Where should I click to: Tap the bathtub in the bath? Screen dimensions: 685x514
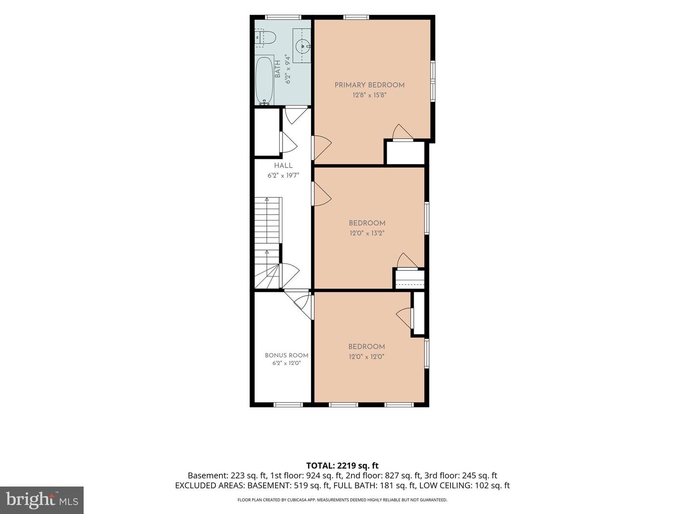point(264,80)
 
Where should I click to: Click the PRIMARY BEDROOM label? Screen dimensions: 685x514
point(370,85)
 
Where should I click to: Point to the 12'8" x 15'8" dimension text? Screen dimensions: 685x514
point(370,95)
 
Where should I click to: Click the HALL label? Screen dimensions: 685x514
point(284,166)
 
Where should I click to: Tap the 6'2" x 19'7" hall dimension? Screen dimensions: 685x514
point(284,176)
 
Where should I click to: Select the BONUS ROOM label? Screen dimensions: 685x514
point(286,355)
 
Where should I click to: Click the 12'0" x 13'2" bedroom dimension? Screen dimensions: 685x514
point(367,233)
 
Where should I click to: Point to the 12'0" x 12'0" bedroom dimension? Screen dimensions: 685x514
point(367,356)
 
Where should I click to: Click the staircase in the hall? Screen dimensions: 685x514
point(268,243)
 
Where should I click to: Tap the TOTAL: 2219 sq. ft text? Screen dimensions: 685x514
point(342,465)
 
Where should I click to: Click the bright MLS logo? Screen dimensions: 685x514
point(42,500)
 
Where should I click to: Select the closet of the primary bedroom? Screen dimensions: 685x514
point(406,153)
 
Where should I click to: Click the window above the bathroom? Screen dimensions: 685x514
point(283,17)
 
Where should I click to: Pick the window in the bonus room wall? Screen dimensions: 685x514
point(288,405)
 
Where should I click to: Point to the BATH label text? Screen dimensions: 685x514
point(278,69)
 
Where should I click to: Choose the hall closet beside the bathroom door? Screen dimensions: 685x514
point(267,132)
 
